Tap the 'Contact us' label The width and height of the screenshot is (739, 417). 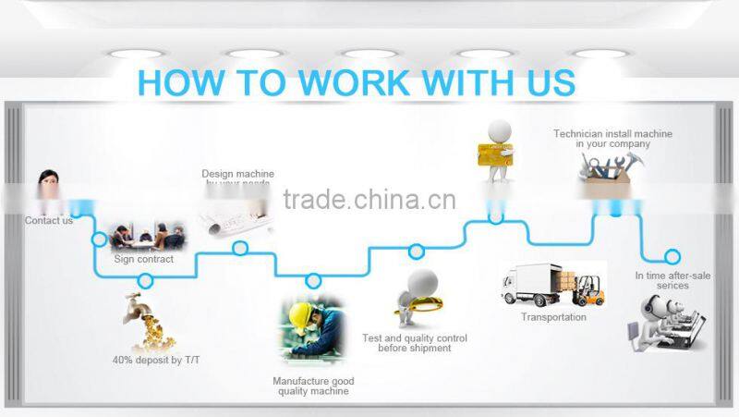coord(49,221)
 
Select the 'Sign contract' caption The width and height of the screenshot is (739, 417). coord(143,260)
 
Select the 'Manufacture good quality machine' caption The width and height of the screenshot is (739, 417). coord(313,386)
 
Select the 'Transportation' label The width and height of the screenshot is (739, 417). coord(553,317)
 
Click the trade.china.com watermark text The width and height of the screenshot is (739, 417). coord(369,200)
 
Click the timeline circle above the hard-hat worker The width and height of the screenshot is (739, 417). coord(313,280)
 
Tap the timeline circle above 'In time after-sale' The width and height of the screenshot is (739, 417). coord(672,256)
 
